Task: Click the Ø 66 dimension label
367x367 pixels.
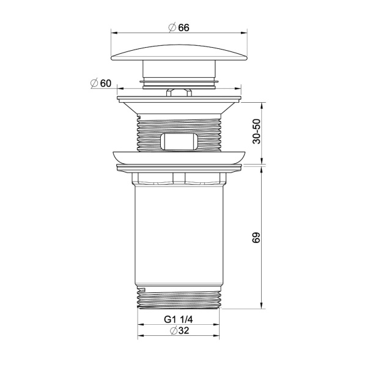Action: [179, 28]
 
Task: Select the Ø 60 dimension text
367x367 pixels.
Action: [101, 83]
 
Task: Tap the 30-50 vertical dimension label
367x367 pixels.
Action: [256, 132]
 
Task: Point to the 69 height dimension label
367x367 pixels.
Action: [256, 238]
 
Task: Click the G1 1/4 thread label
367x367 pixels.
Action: [179, 319]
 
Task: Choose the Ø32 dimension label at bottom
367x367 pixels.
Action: [179, 331]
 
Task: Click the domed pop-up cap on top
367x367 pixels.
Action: [179, 53]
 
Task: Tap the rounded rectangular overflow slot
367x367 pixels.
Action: [179, 141]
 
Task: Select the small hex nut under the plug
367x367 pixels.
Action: [179, 92]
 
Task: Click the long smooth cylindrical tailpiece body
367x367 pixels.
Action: [179, 235]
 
